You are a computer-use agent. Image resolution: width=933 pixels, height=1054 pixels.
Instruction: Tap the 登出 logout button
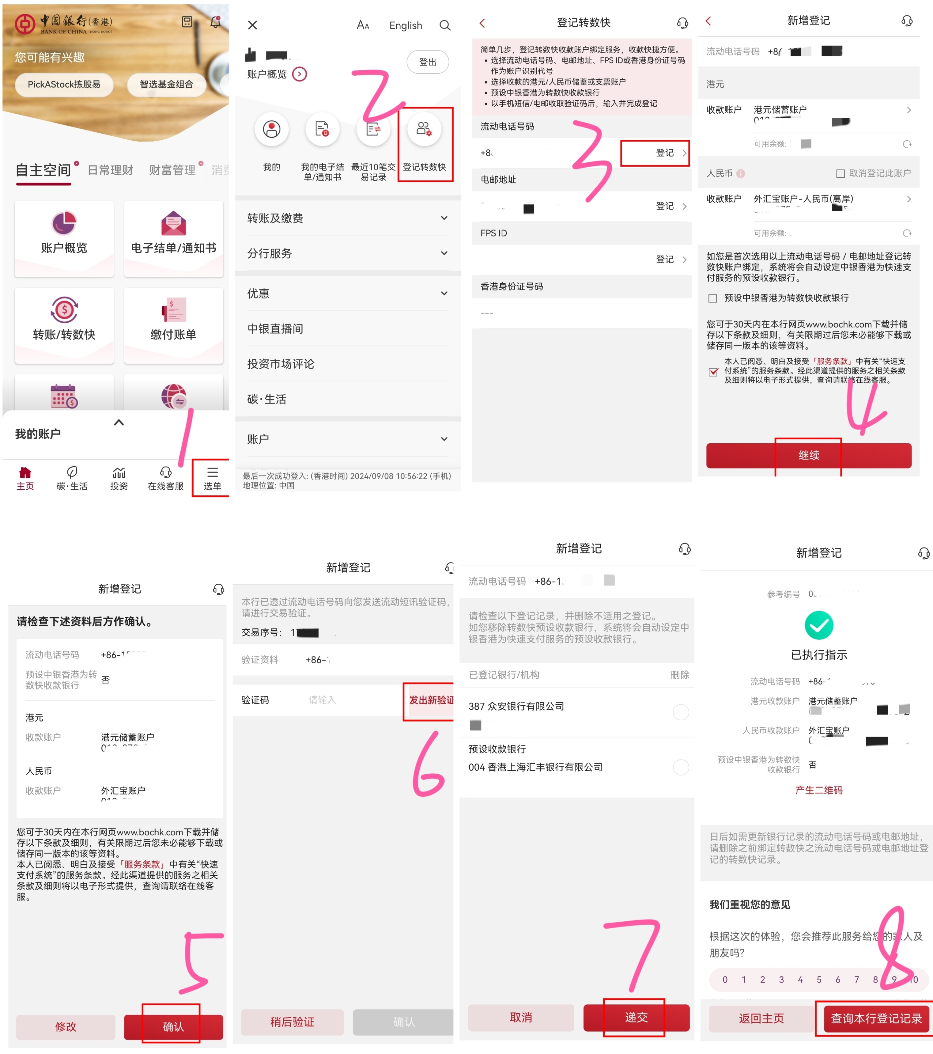click(427, 62)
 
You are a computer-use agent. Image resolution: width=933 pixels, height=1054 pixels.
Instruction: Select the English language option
click(406, 25)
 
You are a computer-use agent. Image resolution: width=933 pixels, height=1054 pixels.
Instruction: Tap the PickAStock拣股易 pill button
click(64, 84)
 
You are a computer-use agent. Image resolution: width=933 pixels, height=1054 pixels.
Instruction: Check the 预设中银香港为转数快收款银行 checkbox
click(712, 298)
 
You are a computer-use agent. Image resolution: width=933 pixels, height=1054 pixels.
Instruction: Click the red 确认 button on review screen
click(173, 1026)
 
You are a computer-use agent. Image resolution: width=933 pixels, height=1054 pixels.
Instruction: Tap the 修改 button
click(66, 1026)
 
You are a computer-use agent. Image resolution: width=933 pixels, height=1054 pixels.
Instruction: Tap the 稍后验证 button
click(292, 1022)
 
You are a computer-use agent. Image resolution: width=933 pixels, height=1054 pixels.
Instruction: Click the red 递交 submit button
click(636, 1017)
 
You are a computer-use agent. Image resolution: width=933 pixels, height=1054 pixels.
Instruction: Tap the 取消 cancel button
click(521, 1017)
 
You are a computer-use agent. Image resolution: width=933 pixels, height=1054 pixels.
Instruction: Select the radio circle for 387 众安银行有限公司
click(680, 712)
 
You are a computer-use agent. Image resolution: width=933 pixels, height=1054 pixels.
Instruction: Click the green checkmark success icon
click(818, 625)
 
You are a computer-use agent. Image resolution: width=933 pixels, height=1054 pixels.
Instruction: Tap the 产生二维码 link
click(818, 790)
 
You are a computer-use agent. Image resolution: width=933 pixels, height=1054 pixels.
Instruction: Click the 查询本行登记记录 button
click(876, 1018)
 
